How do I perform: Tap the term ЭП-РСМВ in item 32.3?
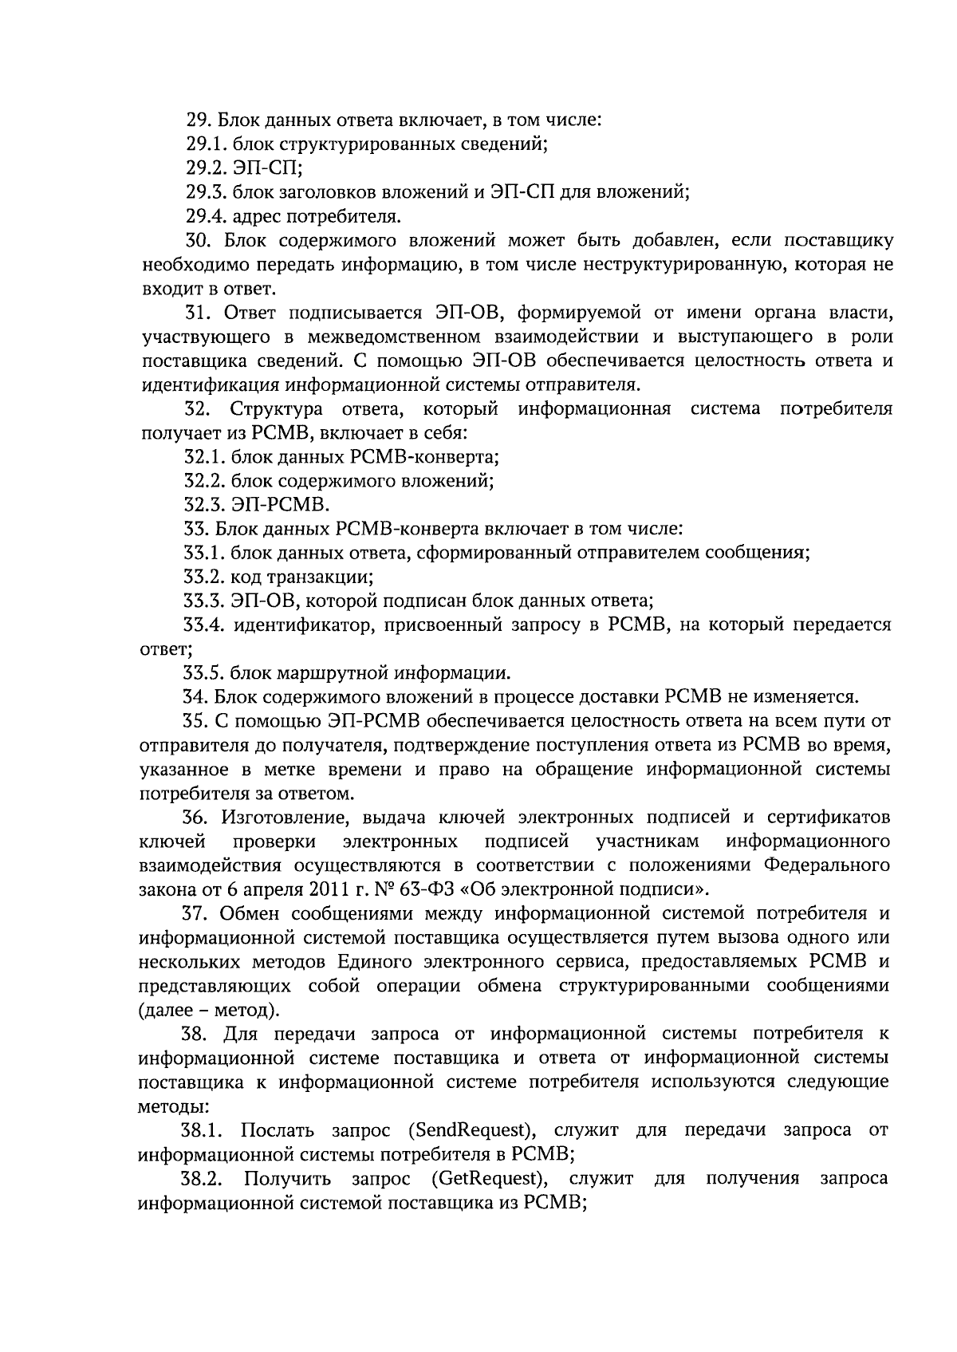[x=280, y=505]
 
